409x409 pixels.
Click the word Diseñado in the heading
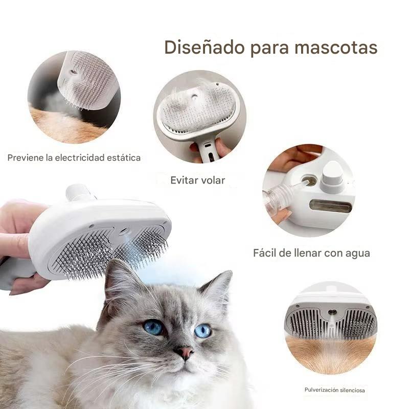(205, 47)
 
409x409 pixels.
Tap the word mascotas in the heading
(336, 48)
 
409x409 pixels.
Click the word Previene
(25, 157)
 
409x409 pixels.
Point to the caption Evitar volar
(198, 180)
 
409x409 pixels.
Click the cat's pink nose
(185, 352)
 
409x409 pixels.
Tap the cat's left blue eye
(153, 327)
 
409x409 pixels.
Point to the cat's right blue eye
(202, 330)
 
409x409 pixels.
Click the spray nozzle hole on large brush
(124, 231)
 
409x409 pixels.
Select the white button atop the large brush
(78, 193)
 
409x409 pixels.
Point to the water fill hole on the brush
(310, 181)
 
